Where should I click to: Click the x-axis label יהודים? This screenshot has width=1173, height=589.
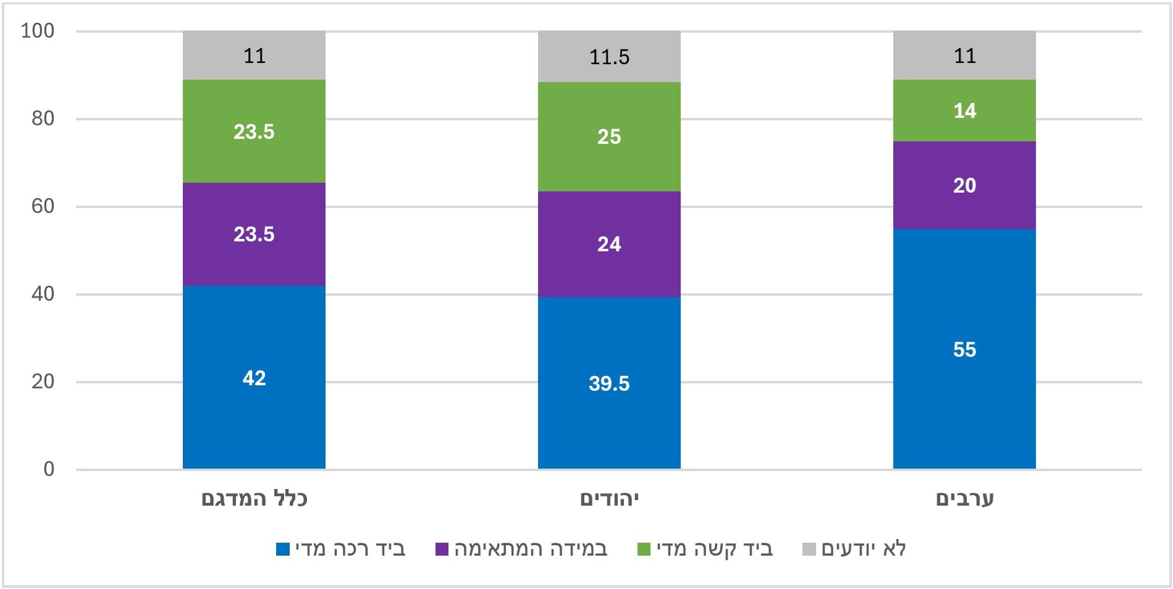(609, 499)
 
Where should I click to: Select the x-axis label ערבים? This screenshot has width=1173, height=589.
(964, 499)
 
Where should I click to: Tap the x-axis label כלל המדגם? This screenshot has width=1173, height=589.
(254, 499)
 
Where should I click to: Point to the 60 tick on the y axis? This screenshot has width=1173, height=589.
(43, 206)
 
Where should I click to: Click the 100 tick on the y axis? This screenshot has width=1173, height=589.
(38, 31)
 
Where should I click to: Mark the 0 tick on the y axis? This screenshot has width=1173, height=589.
(49, 469)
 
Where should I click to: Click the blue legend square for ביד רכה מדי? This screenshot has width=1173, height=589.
(282, 549)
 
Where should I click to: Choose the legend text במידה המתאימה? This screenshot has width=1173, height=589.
(531, 549)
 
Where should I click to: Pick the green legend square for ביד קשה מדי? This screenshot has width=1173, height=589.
(644, 549)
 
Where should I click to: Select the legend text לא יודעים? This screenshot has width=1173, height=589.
(863, 549)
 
